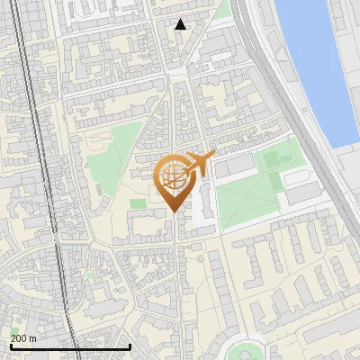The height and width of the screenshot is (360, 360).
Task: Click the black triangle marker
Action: (x=181, y=24)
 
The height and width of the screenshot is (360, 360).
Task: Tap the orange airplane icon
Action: (x=197, y=163)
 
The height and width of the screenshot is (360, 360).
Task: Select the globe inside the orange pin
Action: (x=171, y=175)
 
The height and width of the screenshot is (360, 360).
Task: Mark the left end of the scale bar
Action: (x=10, y=346)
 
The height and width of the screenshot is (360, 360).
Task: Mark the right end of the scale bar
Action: (x=130, y=346)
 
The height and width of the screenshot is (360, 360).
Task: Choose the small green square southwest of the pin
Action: (x=137, y=204)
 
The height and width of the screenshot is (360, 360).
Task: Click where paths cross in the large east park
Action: (x=248, y=193)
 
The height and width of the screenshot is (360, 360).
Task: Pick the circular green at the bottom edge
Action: (x=245, y=351)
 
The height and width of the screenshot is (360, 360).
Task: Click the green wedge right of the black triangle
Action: (x=221, y=12)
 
